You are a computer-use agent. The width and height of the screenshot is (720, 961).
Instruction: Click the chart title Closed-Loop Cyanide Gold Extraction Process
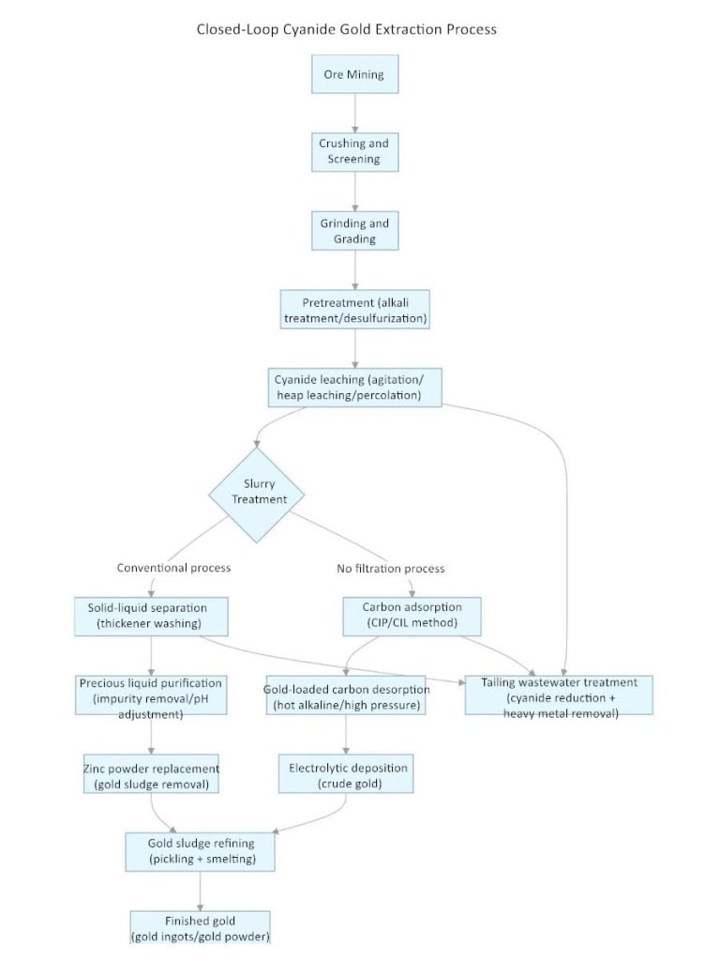click(346, 29)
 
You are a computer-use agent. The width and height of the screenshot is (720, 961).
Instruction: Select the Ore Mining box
click(354, 73)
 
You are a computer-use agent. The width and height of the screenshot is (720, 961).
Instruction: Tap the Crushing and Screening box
click(354, 151)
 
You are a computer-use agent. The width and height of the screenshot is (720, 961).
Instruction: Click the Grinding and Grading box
click(354, 231)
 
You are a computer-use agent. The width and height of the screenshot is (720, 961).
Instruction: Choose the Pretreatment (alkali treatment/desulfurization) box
click(354, 311)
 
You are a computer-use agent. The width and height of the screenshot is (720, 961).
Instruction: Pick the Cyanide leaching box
click(354, 389)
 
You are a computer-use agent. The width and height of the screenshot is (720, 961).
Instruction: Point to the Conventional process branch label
click(173, 568)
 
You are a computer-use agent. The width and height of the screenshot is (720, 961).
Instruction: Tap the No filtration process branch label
click(391, 568)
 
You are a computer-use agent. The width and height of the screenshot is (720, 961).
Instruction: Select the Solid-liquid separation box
click(152, 616)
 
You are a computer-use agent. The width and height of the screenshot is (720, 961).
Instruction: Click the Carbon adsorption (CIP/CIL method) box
click(412, 616)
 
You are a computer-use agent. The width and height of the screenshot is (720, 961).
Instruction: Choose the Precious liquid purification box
click(151, 697)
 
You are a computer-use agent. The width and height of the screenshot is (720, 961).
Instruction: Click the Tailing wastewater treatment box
click(560, 697)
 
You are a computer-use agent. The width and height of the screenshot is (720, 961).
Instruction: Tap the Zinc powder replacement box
click(151, 776)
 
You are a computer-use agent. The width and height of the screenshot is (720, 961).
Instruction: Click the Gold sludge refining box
click(201, 851)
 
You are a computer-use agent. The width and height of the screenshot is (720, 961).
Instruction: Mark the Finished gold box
click(201, 927)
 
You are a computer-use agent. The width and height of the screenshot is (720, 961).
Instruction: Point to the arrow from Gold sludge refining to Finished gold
click(201, 890)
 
